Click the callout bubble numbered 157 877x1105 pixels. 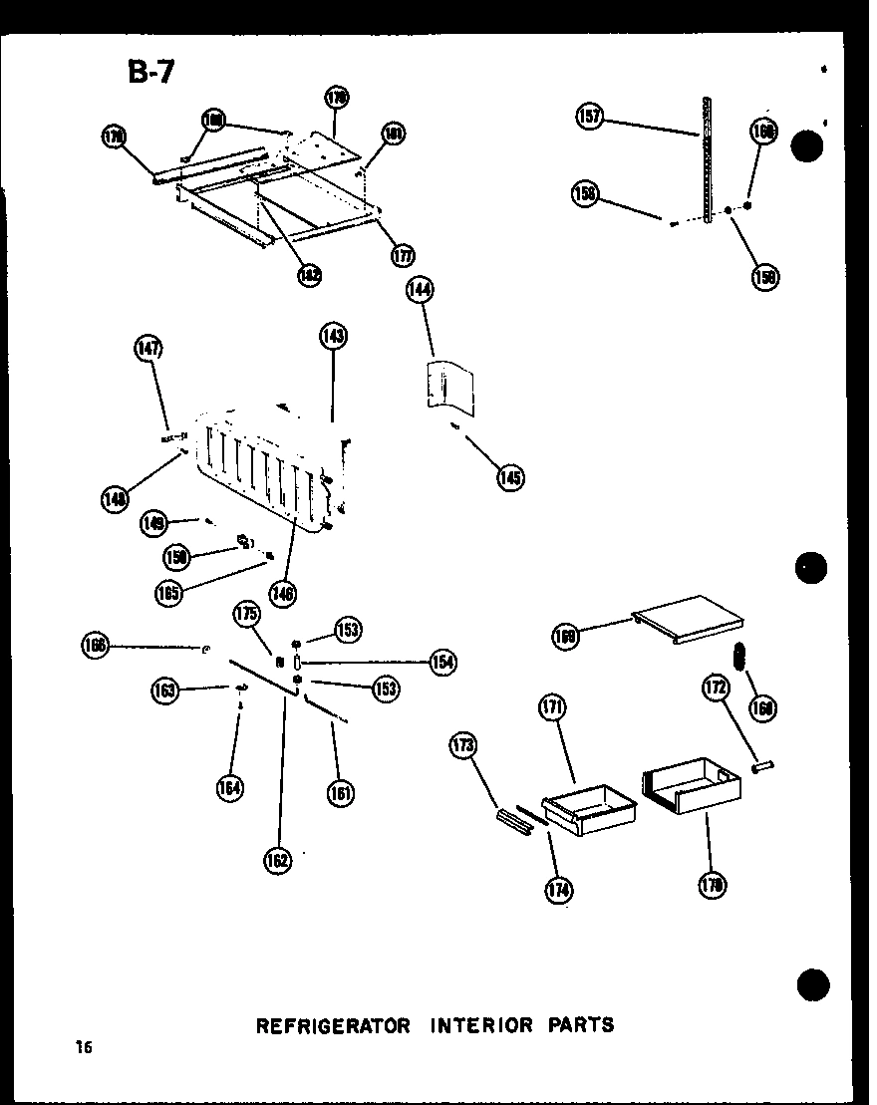[x=590, y=118]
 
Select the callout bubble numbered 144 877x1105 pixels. [x=421, y=291]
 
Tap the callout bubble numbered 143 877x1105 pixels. [x=333, y=336]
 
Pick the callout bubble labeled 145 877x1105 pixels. [x=511, y=477]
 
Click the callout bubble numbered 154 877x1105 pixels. [x=442, y=661]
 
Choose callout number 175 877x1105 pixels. [x=247, y=614]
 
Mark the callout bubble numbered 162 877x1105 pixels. [x=278, y=860]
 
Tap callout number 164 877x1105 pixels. [x=230, y=787]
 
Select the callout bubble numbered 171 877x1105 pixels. [x=553, y=708]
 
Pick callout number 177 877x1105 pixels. [x=403, y=254]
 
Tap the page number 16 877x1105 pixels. [x=82, y=1046]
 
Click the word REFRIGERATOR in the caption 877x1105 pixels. [x=333, y=1024]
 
